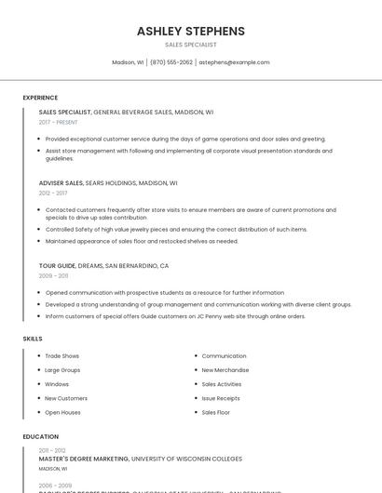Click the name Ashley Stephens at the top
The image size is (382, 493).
pyautogui.click(x=191, y=31)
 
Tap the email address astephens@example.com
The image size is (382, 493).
pyautogui.click(x=234, y=62)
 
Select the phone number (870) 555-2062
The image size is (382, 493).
pyautogui.click(x=171, y=62)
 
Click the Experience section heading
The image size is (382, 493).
pyautogui.click(x=40, y=98)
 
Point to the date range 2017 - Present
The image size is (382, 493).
pyautogui.click(x=59, y=122)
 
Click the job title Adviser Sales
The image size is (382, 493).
pyautogui.click(x=61, y=183)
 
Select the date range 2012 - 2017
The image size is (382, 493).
pyautogui.click(x=53, y=193)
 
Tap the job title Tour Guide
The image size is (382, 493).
pyautogui.click(x=57, y=266)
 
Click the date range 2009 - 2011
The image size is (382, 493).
pyautogui.click(x=53, y=276)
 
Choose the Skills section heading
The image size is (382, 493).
pyautogui.click(x=33, y=339)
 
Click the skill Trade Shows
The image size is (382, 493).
pyautogui.click(x=61, y=356)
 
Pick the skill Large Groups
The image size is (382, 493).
pyautogui.click(x=62, y=370)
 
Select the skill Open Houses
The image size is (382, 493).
pyautogui.click(x=62, y=412)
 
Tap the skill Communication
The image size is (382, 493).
pyautogui.click(x=224, y=356)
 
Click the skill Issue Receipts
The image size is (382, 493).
pyautogui.click(x=221, y=398)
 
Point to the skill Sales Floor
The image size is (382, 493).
pyautogui.click(x=216, y=412)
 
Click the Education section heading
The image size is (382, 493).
pyautogui.click(x=39, y=436)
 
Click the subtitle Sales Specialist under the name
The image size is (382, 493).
pyautogui.click(x=191, y=45)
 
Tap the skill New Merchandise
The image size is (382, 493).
pyautogui.click(x=225, y=370)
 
